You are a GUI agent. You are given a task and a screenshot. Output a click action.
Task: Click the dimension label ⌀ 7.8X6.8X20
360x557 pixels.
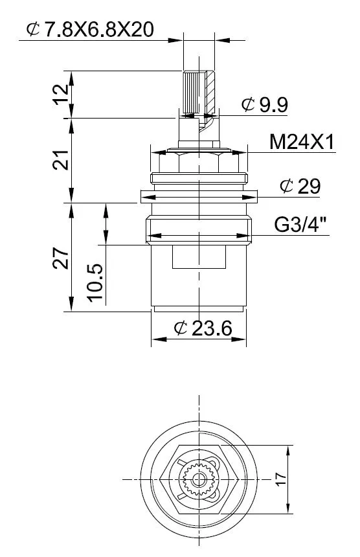[x=90, y=29]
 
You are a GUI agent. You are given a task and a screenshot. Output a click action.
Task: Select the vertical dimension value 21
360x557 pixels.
[x=61, y=160]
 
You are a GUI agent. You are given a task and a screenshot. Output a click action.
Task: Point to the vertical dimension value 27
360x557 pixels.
[x=61, y=258]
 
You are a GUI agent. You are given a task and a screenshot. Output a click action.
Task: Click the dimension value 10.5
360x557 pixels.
[x=95, y=283]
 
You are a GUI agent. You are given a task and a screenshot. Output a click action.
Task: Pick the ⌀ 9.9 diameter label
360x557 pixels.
[x=265, y=104]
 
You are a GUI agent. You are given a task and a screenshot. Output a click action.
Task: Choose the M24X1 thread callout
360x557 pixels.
[x=302, y=142]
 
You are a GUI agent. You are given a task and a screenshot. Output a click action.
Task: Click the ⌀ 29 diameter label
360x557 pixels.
[x=300, y=186]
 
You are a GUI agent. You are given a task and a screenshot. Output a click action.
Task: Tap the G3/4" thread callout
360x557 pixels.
[x=300, y=225]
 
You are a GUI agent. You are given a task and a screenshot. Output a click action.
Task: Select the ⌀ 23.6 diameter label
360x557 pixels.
[x=203, y=328]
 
